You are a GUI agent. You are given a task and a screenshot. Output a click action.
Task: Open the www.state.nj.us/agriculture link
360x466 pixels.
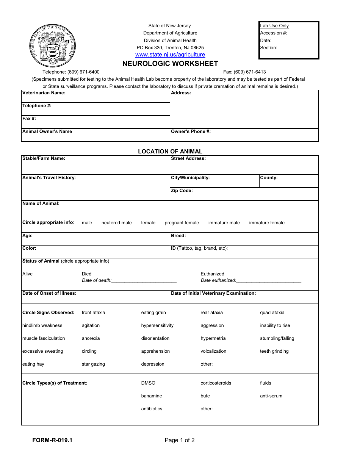(170, 55)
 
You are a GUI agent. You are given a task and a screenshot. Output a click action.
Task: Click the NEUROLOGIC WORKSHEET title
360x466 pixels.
(170, 64)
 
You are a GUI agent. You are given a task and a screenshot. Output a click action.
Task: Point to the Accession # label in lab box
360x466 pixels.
(273, 33)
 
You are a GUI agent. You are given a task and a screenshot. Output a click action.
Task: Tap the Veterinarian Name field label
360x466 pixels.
(44, 93)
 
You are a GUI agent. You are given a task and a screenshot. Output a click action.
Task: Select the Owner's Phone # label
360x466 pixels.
(191, 131)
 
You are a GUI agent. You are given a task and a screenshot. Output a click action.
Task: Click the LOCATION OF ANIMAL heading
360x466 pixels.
(170, 151)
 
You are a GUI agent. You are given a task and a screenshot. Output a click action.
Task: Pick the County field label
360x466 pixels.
(269, 178)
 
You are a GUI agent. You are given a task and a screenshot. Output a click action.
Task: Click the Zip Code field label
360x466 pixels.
(182, 191)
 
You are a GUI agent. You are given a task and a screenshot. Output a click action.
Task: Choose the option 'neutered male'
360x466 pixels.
(116, 223)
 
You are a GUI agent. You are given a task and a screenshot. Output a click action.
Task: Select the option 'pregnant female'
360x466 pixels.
(182, 223)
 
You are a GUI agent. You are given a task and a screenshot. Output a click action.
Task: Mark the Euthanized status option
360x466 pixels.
(212, 274)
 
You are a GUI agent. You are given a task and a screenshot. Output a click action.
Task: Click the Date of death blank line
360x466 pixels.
(144, 281)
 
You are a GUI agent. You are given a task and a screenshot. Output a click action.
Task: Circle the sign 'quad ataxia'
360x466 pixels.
(272, 313)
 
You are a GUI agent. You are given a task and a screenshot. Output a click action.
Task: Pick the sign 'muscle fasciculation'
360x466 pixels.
(44, 338)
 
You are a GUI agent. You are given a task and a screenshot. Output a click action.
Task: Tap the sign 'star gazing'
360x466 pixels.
(93, 364)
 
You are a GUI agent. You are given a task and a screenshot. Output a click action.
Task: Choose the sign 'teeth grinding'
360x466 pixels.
(274, 351)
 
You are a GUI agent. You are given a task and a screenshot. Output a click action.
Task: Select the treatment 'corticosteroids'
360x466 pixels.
(216, 383)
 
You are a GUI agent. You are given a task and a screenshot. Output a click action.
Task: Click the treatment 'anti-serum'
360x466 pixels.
(271, 396)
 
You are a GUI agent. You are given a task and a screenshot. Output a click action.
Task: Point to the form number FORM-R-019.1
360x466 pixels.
(52, 440)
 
